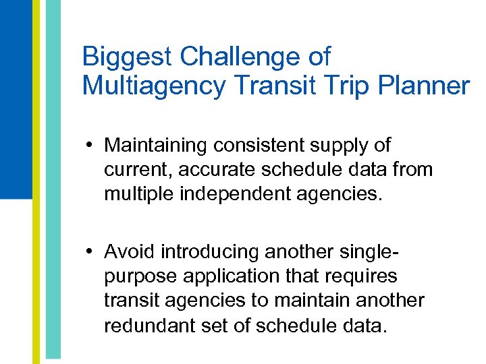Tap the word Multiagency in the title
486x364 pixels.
tap(151, 86)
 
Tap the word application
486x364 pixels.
tap(227, 276)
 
